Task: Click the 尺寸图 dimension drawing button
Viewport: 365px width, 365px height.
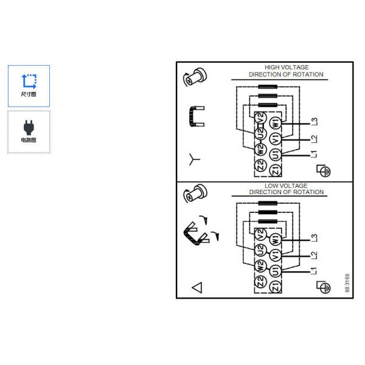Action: pos(29,86)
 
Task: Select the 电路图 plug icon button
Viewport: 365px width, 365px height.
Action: pos(29,131)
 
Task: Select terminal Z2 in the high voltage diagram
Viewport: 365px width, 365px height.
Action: pos(260,165)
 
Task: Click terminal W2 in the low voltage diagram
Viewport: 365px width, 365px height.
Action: pos(260,266)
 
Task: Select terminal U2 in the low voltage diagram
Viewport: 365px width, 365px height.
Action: pos(260,248)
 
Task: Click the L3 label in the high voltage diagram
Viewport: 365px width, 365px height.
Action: pos(314,122)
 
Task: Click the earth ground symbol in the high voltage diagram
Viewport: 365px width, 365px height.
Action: pos(325,171)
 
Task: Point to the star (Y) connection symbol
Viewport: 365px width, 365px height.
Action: pos(194,160)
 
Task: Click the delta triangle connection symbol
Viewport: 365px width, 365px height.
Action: pos(196,287)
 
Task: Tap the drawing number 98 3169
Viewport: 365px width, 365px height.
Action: pos(347,283)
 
